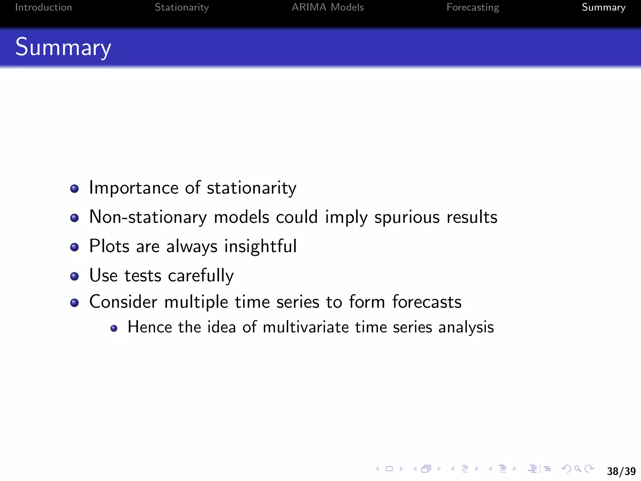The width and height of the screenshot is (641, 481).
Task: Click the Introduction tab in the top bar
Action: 44,7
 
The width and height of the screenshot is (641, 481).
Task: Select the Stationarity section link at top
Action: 182,7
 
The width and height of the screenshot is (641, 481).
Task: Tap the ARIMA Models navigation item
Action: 327,7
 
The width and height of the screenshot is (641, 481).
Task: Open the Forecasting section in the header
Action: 473,7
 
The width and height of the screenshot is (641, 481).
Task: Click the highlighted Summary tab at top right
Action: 603,7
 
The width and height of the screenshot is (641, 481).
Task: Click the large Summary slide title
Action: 63,47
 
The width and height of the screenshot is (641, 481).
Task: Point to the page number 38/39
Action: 621,471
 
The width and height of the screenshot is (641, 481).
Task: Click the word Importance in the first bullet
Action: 134,188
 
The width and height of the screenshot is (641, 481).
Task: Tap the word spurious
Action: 407,217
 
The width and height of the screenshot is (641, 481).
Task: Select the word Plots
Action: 109,246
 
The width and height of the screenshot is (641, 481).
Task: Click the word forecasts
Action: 427,302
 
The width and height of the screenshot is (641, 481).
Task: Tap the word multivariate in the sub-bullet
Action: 305,327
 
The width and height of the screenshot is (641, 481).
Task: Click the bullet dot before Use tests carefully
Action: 74,276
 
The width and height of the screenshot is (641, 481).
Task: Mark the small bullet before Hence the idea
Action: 114,328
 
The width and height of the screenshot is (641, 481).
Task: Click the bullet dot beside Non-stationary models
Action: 74,218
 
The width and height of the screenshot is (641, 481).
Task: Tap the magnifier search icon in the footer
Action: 578,469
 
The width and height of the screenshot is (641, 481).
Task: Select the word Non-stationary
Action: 148,217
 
